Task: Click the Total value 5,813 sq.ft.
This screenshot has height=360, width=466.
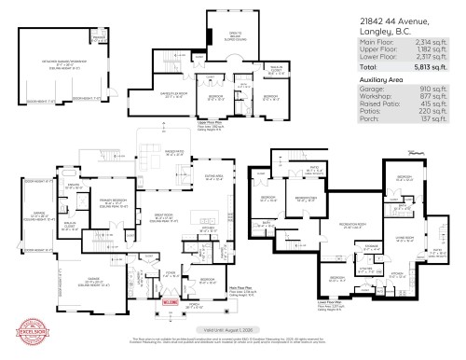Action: [441, 67]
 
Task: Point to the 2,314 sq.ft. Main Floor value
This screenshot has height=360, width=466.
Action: [441, 44]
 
